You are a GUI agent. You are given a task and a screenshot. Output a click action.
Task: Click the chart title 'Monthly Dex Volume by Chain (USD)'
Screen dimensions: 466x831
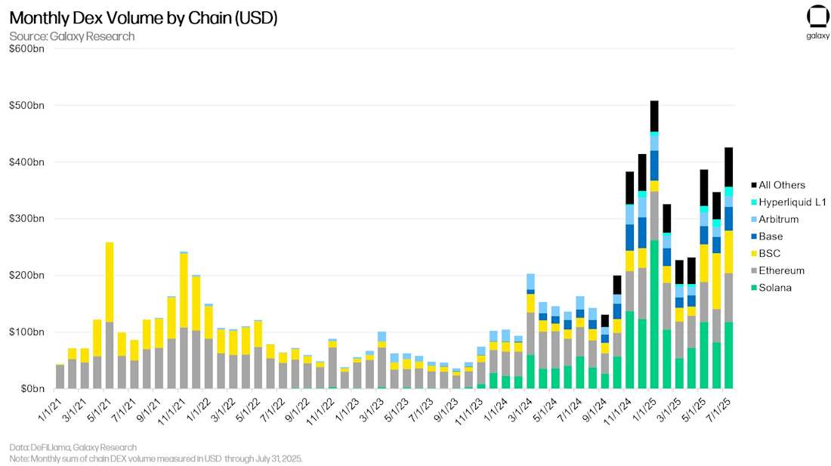[x=143, y=18]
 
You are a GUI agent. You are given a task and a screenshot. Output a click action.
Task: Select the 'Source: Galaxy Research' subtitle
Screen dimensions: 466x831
[x=72, y=36]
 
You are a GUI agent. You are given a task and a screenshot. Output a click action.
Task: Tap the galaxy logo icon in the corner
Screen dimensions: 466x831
[x=817, y=17]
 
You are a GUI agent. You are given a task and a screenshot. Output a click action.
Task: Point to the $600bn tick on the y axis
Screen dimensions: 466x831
[x=26, y=48]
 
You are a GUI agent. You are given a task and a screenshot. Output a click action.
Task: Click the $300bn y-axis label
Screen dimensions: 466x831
[x=26, y=218]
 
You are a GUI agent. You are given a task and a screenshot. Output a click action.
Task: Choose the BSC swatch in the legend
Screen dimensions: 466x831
[x=753, y=253]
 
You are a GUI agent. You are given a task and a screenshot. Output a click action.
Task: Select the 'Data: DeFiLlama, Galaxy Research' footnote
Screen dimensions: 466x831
[x=73, y=447]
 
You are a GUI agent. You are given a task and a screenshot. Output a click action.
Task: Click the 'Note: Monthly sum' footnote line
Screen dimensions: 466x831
[x=156, y=458]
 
